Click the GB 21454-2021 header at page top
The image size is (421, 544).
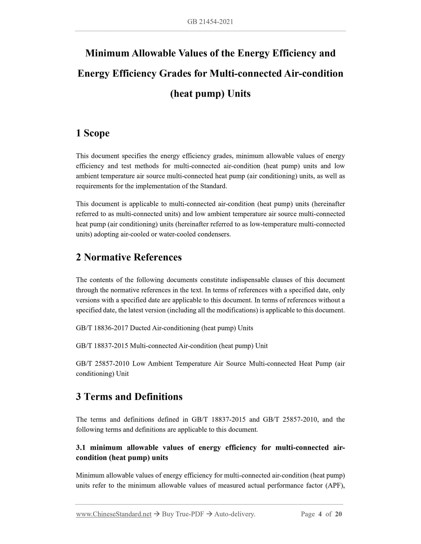point(210,22)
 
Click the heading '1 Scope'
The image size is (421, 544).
point(93,133)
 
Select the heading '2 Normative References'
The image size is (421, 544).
point(129,257)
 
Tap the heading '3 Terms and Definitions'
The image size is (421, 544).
point(129,397)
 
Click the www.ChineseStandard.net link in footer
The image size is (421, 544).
point(114,514)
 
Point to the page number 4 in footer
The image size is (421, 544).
point(320,514)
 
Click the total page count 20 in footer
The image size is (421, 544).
point(338,514)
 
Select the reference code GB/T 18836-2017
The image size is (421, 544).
point(102,328)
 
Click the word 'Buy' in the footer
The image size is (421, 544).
point(168,514)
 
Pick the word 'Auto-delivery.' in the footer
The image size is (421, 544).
point(235,514)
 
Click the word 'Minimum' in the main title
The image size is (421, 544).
point(107,53)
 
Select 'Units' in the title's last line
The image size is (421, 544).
point(239,94)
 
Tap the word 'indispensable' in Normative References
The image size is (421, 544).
point(249,280)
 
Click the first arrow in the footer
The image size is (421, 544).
point(156,514)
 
